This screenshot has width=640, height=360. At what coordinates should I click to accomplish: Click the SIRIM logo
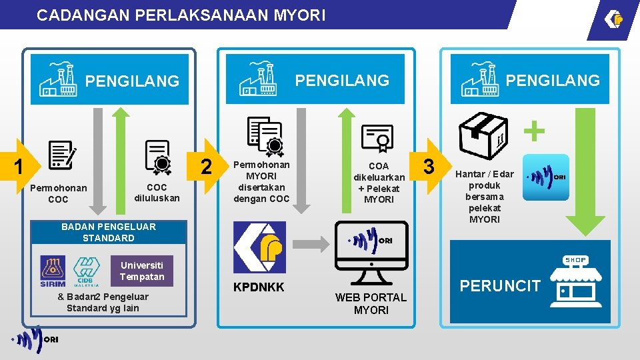(x=53, y=271)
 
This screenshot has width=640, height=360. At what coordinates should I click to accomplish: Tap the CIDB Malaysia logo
(x=86, y=271)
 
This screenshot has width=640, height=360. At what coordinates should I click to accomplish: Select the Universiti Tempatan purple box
(x=142, y=271)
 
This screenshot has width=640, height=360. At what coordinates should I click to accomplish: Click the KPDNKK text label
(x=259, y=287)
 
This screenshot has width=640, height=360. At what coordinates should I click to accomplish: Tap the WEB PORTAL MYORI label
(x=371, y=304)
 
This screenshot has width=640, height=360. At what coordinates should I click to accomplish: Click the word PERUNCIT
(x=500, y=286)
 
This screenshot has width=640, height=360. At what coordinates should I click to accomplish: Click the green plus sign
(x=533, y=131)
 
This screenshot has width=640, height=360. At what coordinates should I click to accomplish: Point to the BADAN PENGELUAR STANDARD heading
(x=109, y=232)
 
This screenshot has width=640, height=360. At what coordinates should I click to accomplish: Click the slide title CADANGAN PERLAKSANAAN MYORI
(x=181, y=15)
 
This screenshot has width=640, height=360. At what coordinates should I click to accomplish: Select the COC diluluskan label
(x=157, y=193)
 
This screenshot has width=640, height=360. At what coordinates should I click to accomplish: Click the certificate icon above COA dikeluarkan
(x=377, y=138)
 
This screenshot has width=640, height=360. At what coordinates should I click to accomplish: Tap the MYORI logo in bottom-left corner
(x=36, y=339)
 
